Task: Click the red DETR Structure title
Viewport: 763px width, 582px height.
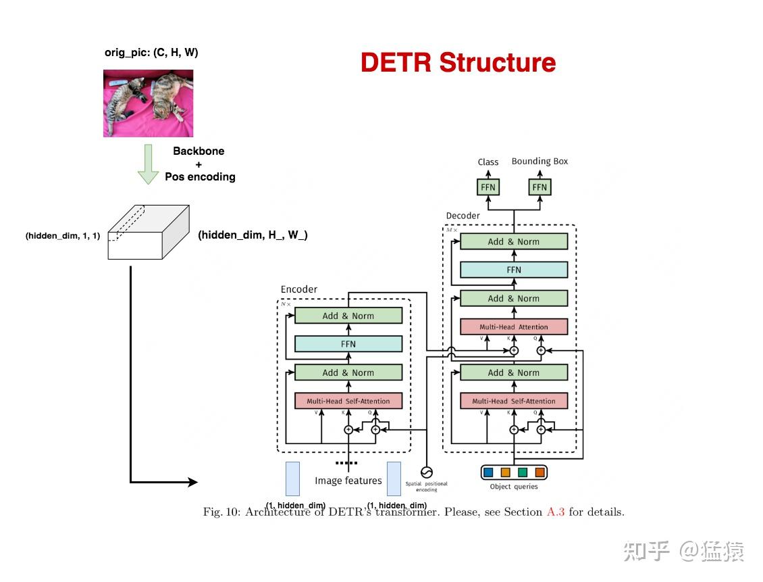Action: coord(458,63)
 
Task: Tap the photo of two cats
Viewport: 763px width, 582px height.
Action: coord(148,103)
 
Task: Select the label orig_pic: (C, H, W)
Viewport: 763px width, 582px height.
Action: coord(151,52)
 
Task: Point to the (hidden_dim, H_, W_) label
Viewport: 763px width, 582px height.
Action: coord(253,235)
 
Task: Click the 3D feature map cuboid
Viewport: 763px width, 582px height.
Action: coord(148,232)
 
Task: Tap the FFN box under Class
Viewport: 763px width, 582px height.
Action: coord(488,187)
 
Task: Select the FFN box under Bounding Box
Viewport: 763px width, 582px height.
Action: coord(540,187)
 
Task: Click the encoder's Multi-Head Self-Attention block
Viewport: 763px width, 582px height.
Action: coord(348,401)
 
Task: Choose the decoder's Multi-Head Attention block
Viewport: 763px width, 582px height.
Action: coord(514,326)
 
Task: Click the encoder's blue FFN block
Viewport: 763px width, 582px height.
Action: coord(348,344)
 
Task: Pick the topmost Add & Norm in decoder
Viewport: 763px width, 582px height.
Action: coord(514,241)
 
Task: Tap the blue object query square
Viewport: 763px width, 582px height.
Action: coord(488,472)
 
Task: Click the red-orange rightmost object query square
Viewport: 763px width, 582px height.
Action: coord(540,472)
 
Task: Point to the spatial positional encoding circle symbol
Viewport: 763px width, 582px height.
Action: coord(427,472)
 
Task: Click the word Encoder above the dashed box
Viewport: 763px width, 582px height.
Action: coord(299,289)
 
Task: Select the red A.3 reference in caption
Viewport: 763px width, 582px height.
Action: coord(555,512)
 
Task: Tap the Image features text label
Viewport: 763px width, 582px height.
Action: coord(348,481)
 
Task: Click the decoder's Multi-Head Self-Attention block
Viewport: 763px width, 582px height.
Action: coord(514,401)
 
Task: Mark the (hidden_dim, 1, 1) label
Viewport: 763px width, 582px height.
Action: coord(63,236)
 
